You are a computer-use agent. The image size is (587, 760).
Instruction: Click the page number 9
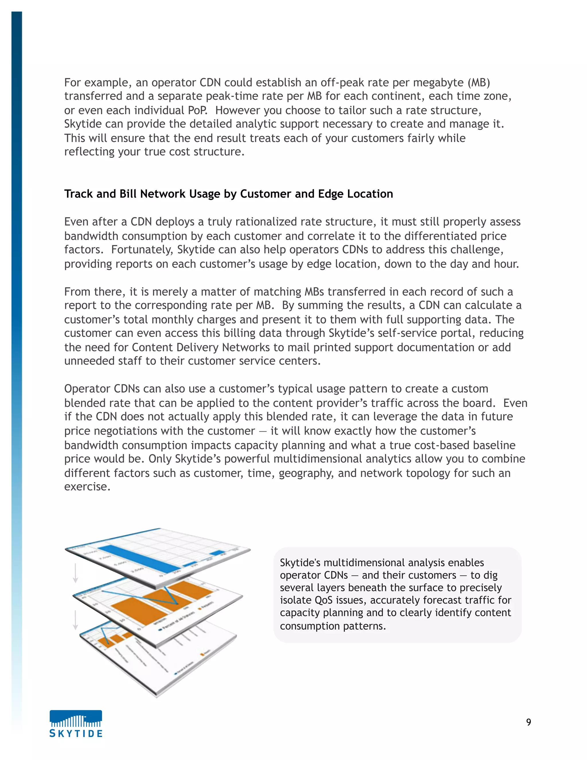coord(528,722)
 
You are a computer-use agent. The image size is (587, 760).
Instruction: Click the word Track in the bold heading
coord(79,194)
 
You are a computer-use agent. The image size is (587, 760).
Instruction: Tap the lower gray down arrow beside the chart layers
coord(75,620)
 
